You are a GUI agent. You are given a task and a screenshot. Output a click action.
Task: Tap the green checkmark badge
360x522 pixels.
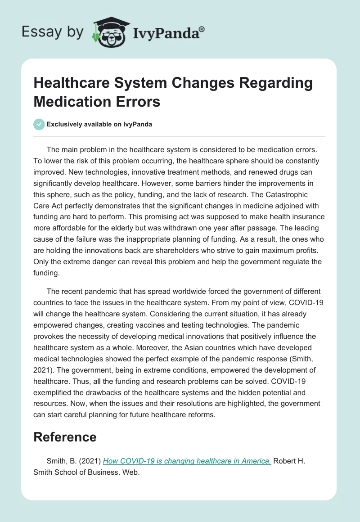(39, 124)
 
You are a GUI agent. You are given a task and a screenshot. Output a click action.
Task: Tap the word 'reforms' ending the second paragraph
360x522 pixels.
(203, 415)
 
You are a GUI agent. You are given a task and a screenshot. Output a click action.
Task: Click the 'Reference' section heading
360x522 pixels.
(65, 437)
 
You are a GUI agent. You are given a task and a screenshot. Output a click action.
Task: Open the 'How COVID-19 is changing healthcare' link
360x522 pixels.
(187, 460)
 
